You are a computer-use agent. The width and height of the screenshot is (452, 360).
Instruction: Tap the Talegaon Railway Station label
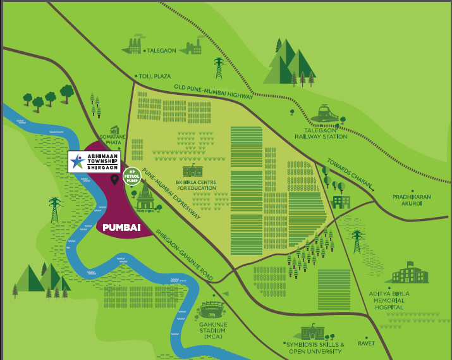pyautogui.click(x=321, y=132)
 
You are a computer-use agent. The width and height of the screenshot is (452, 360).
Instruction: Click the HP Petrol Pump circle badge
pyautogui.click(x=132, y=175)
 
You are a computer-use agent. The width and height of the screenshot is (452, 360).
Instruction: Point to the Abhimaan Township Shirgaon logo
pyautogui.click(x=96, y=161)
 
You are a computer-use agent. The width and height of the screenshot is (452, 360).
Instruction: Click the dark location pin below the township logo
pyautogui.click(x=114, y=180)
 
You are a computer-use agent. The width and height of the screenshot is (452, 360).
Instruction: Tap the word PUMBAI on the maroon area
pyautogui.click(x=121, y=226)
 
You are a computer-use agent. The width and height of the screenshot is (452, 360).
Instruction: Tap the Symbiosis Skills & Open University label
pyautogui.click(x=315, y=347)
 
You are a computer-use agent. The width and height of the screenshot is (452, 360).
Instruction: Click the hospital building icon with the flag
pyautogui.click(x=406, y=273)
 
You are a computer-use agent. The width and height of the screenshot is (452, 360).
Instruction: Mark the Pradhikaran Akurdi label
pyautogui.click(x=411, y=201)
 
